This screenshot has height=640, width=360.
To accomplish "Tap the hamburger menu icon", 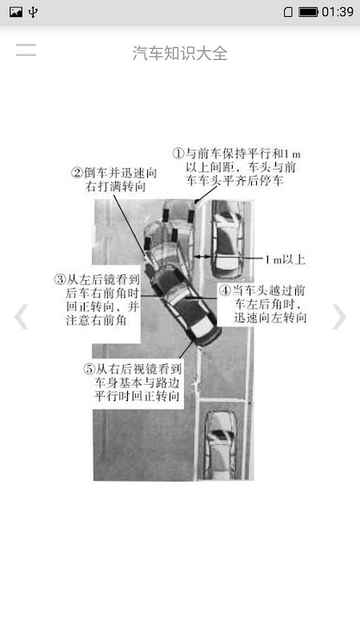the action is pyautogui.click(x=26, y=50).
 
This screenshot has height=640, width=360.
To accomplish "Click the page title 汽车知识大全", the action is pyautogui.click(x=180, y=53).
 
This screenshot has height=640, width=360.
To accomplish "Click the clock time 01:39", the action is pyautogui.click(x=338, y=12).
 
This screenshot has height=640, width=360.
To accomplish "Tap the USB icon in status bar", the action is pyautogui.click(x=33, y=12).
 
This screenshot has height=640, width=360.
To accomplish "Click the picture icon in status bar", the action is pyautogui.click(x=15, y=12).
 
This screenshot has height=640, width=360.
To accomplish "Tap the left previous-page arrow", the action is pyautogui.click(x=22, y=316).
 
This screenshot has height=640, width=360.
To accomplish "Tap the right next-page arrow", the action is pyautogui.click(x=338, y=316).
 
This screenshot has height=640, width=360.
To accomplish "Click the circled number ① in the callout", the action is pyautogui.click(x=178, y=154).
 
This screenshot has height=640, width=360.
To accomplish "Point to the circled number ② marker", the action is pyautogui.click(x=77, y=173).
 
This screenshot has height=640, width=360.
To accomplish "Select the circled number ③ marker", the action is pyautogui.click(x=60, y=279).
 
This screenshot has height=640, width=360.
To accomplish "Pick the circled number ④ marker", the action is pyautogui.click(x=225, y=290).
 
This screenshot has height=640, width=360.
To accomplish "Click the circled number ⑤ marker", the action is pyautogui.click(x=89, y=370).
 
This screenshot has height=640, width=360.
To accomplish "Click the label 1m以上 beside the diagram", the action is pyautogui.click(x=286, y=259).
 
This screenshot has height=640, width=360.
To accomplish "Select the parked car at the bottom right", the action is pyautogui.click(x=221, y=444).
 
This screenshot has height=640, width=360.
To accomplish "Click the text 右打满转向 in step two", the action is pyautogui.click(x=115, y=187).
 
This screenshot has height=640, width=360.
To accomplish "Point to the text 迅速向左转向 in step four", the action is pyautogui.click(x=270, y=318).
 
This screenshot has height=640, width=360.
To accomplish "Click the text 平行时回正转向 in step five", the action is pyautogui.click(x=137, y=396).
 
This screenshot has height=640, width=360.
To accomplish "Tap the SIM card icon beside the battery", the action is pyautogui.click(x=288, y=12).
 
